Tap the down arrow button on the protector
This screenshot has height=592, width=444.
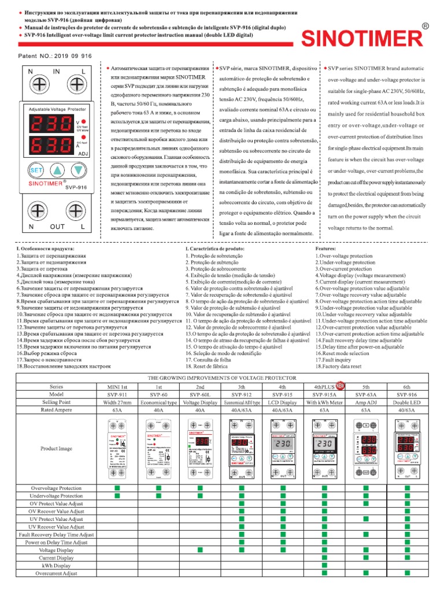tap(79, 171)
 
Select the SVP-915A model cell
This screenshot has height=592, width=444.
tap(324, 393)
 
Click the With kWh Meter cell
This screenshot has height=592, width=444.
tap(324, 401)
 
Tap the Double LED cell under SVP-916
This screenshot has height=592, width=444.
tap(408, 401)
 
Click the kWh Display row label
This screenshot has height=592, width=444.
tap(56, 565)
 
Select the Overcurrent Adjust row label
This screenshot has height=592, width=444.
tap(56, 573)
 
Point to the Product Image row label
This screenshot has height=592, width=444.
tap(56, 448)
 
